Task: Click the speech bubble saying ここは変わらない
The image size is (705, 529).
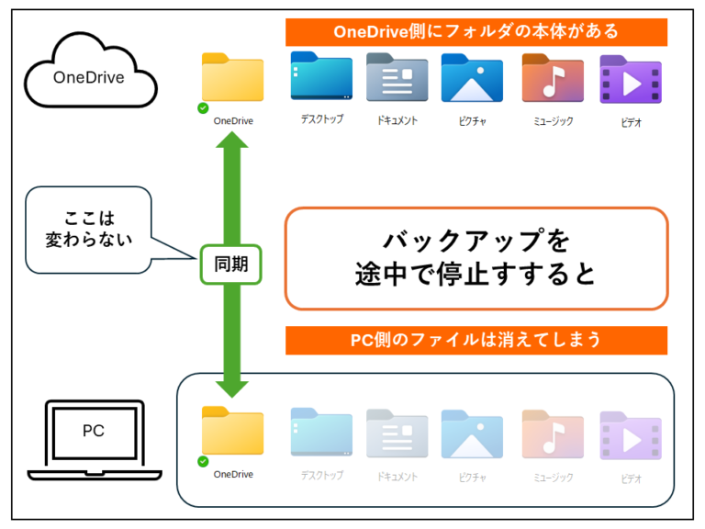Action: click(x=88, y=230)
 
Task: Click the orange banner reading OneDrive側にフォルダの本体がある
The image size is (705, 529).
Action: click(x=476, y=32)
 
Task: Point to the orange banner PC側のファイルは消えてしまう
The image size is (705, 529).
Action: click(x=476, y=340)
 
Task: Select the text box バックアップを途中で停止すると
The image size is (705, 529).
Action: click(x=476, y=258)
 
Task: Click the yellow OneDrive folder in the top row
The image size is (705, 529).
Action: click(x=232, y=78)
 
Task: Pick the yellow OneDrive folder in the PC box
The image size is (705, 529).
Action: click(x=232, y=431)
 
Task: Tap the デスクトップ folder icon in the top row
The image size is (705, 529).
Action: click(x=321, y=76)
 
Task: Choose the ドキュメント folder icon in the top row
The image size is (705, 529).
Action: click(x=397, y=77)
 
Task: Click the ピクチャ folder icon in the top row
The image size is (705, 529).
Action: click(x=472, y=77)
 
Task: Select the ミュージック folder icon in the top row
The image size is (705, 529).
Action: click(x=553, y=77)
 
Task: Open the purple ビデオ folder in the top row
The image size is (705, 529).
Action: click(x=630, y=79)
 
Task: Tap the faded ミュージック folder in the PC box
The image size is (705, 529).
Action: click(x=553, y=433)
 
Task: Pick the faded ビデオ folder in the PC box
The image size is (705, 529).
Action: click(x=630, y=434)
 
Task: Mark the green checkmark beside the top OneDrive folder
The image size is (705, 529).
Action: click(x=203, y=108)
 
